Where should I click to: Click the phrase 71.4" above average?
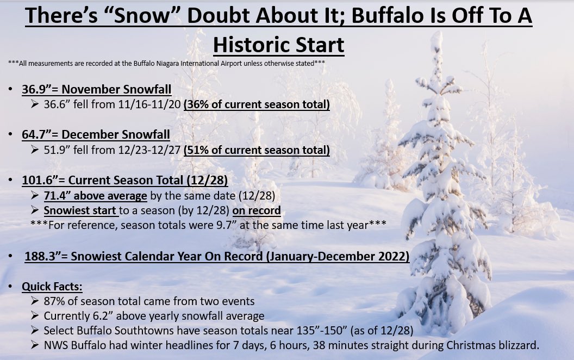96,196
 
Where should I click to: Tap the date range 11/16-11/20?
149,104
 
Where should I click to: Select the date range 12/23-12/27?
149,150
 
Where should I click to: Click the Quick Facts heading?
52,287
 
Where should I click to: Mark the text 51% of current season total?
257,150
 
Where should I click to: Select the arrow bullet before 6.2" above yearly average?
35,316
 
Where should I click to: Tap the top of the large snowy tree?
436,34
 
